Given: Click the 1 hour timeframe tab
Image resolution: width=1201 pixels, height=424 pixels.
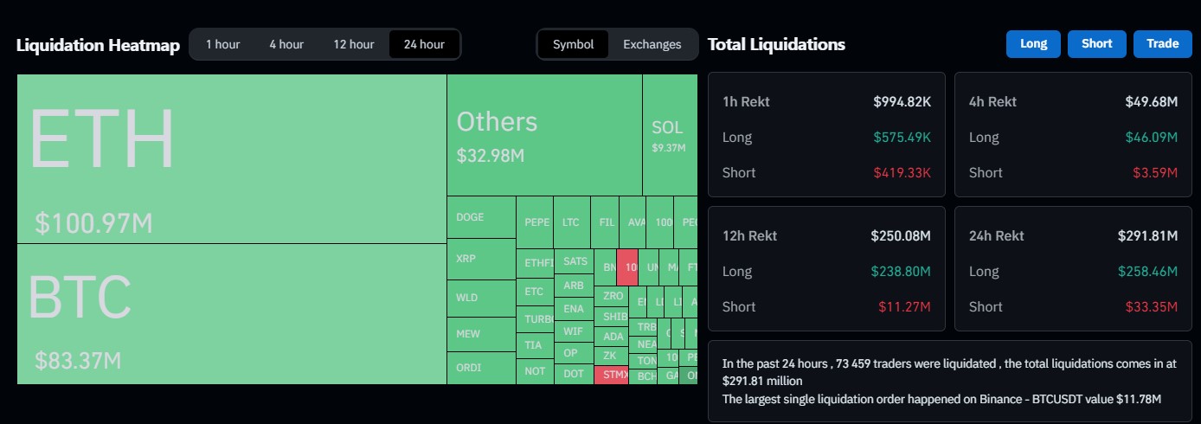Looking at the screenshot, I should tap(222, 44).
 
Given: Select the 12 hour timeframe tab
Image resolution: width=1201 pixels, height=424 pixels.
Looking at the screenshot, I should tap(353, 44).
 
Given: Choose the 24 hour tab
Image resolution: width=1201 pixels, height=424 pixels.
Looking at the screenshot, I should tap(424, 44).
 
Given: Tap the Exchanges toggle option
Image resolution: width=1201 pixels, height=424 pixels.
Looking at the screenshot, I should tap(652, 44).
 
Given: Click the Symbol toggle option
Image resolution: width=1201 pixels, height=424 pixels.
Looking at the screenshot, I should tap(573, 44).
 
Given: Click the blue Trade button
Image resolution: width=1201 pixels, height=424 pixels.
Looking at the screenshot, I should tap(1162, 44).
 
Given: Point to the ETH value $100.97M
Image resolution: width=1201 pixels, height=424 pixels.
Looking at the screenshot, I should tap(93, 223).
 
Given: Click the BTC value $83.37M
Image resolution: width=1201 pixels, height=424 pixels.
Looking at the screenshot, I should tap(78, 359).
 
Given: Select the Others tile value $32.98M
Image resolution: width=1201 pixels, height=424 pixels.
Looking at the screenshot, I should tap(491, 156).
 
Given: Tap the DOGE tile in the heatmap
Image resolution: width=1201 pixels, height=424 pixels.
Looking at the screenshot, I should tap(471, 217).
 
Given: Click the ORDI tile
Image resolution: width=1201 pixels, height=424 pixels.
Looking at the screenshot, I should tap(469, 368).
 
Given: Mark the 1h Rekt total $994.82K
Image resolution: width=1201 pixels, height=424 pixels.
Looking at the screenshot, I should tap(902, 102).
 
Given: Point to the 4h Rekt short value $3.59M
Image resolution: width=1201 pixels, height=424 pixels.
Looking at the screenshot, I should tap(1157, 172).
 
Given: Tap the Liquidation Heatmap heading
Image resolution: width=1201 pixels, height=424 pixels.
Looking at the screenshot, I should tap(98, 45).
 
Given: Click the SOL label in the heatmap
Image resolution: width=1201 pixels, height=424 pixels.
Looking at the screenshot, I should tap(667, 128).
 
